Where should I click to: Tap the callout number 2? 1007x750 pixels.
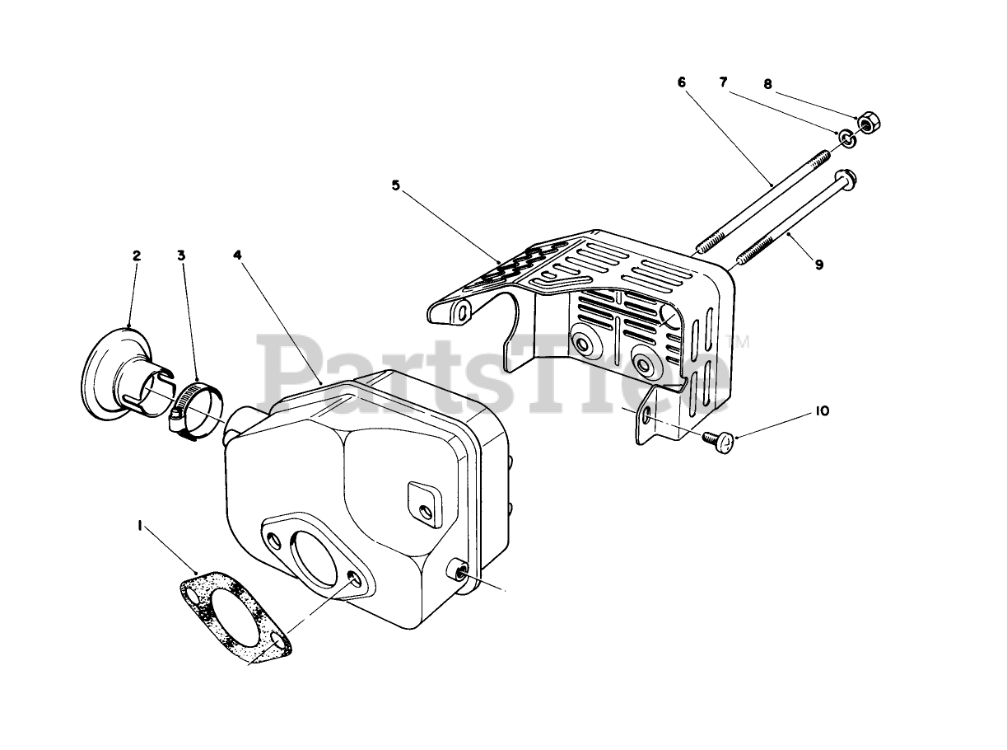tap(137, 255)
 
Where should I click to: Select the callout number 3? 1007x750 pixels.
tap(181, 255)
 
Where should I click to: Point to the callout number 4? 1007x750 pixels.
tap(237, 255)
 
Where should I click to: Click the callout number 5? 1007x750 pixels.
tap(396, 186)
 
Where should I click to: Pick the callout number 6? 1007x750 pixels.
tap(681, 82)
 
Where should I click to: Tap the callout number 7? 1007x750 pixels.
tap(723, 82)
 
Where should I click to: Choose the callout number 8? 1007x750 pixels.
tap(767, 83)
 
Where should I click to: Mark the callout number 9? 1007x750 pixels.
tap(818, 265)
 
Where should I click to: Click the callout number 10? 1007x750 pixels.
tap(823, 410)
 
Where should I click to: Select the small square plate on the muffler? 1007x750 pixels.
tap(421, 501)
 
